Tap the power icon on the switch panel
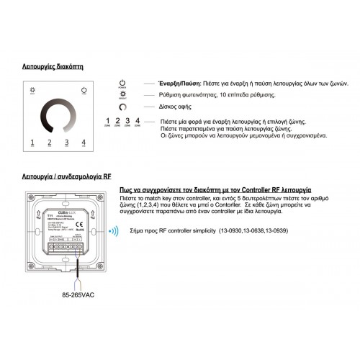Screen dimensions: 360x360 pyautogui.click(x=85, y=91)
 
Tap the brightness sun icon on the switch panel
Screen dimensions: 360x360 pyautogui.click(x=31, y=91)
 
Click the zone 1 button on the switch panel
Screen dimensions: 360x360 pyautogui.click(x=32, y=142)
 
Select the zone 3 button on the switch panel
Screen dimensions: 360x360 pyautogui.click(x=67, y=142)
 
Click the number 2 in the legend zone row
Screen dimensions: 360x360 pyautogui.click(x=118, y=120)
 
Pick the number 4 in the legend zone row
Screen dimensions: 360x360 pyautogui.click(x=136, y=120)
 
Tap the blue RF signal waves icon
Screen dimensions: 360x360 pyautogui.click(x=112, y=233)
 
